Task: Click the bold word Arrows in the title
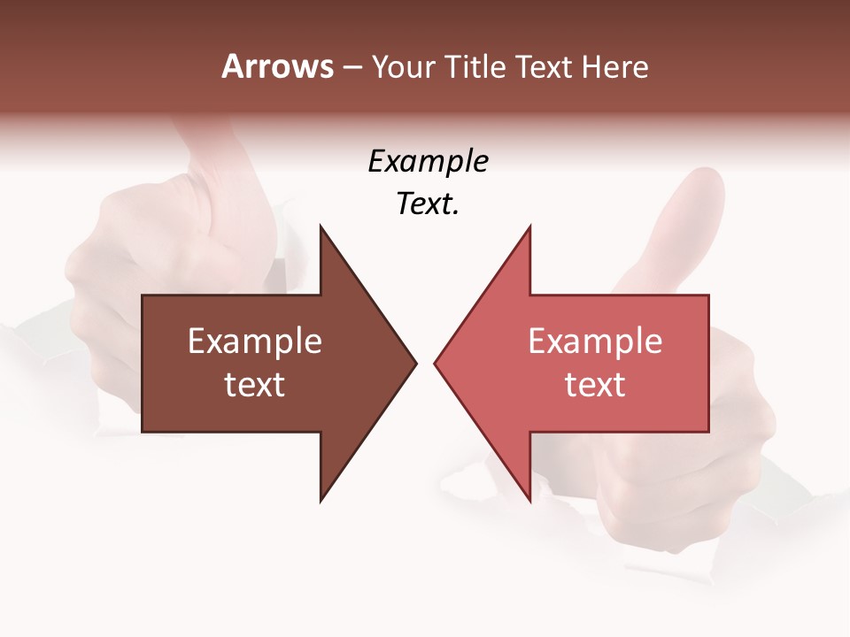277,66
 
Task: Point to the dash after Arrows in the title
352,67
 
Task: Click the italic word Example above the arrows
428,162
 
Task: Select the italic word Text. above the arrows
428,203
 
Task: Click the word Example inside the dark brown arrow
255,342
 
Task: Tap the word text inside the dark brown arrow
255,385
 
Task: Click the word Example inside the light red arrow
595,342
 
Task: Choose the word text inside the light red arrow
595,385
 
